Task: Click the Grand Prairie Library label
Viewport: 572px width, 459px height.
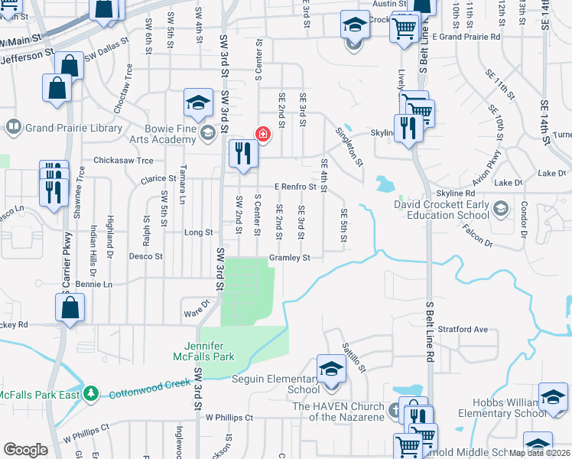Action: click(x=73, y=128)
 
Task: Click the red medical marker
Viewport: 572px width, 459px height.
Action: click(x=263, y=135)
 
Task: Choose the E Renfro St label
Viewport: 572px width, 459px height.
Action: click(x=295, y=187)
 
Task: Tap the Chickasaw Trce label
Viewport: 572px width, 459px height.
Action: click(x=123, y=161)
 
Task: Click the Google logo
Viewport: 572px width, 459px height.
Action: click(x=25, y=449)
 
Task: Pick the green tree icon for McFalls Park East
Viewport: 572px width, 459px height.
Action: click(x=91, y=392)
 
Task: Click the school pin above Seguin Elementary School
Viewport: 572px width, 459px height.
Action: click(x=331, y=369)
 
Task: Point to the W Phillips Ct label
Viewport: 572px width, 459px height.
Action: click(x=229, y=418)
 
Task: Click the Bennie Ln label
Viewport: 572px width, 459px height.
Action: click(x=93, y=284)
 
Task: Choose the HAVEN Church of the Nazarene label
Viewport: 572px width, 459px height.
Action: click(x=342, y=411)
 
